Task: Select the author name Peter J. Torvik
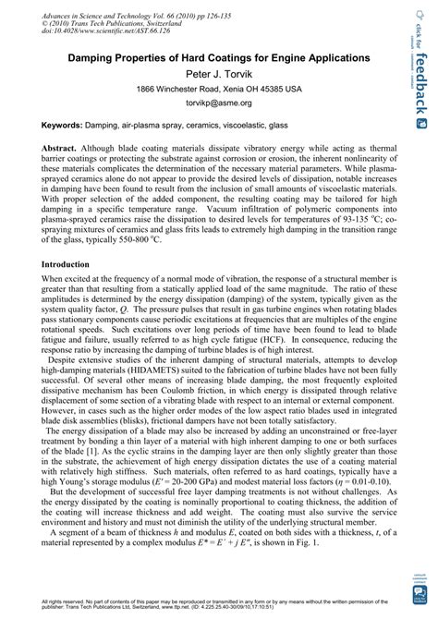[x=213, y=73]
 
